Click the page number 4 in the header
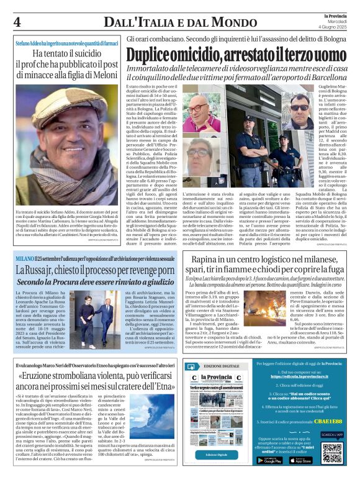pyautogui.click(x=17, y=22)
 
